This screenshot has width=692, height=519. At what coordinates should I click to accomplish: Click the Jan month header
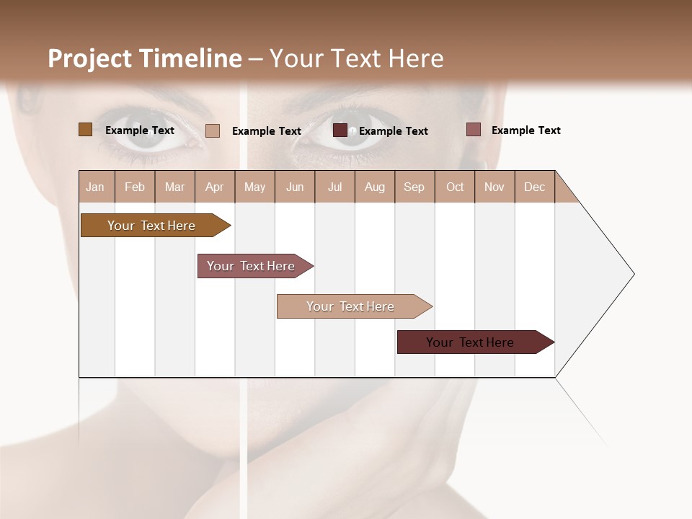point(95,187)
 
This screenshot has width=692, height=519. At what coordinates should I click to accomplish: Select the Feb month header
point(135,187)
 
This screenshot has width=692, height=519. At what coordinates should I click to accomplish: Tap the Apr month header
point(214,187)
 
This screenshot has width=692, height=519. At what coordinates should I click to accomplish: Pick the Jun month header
point(295,187)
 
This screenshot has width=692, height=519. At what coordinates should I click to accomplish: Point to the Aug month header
point(374,187)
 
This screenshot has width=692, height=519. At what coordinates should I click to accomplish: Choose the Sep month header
point(414,187)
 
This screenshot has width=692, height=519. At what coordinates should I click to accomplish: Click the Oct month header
point(455,187)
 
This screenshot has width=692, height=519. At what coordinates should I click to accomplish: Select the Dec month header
point(534,187)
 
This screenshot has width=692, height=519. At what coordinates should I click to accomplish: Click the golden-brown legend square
point(85,130)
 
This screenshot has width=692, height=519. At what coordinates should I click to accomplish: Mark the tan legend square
point(213,130)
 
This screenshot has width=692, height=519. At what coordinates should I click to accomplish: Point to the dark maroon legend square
point(340,130)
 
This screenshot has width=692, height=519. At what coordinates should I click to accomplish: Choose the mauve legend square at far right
point(473,130)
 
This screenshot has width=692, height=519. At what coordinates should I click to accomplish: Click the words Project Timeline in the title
point(144,58)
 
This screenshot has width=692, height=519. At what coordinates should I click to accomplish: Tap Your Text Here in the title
point(357,58)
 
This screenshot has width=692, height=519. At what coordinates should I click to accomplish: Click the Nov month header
point(494,187)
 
